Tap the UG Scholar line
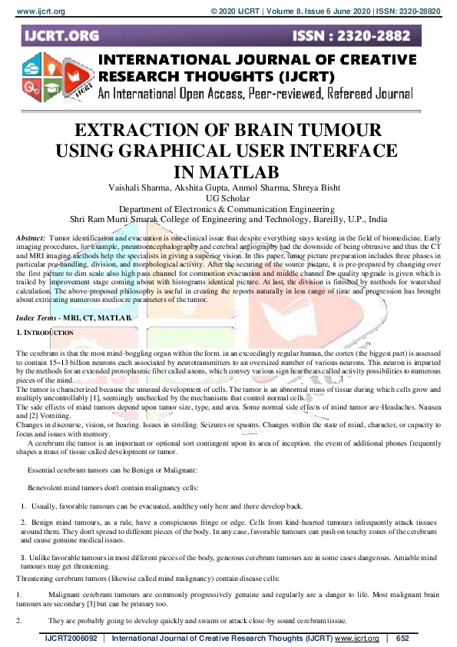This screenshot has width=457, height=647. (x=229, y=197)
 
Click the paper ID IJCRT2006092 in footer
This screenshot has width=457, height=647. (x=71, y=639)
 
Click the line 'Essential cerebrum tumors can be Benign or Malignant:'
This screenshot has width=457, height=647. (x=113, y=469)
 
